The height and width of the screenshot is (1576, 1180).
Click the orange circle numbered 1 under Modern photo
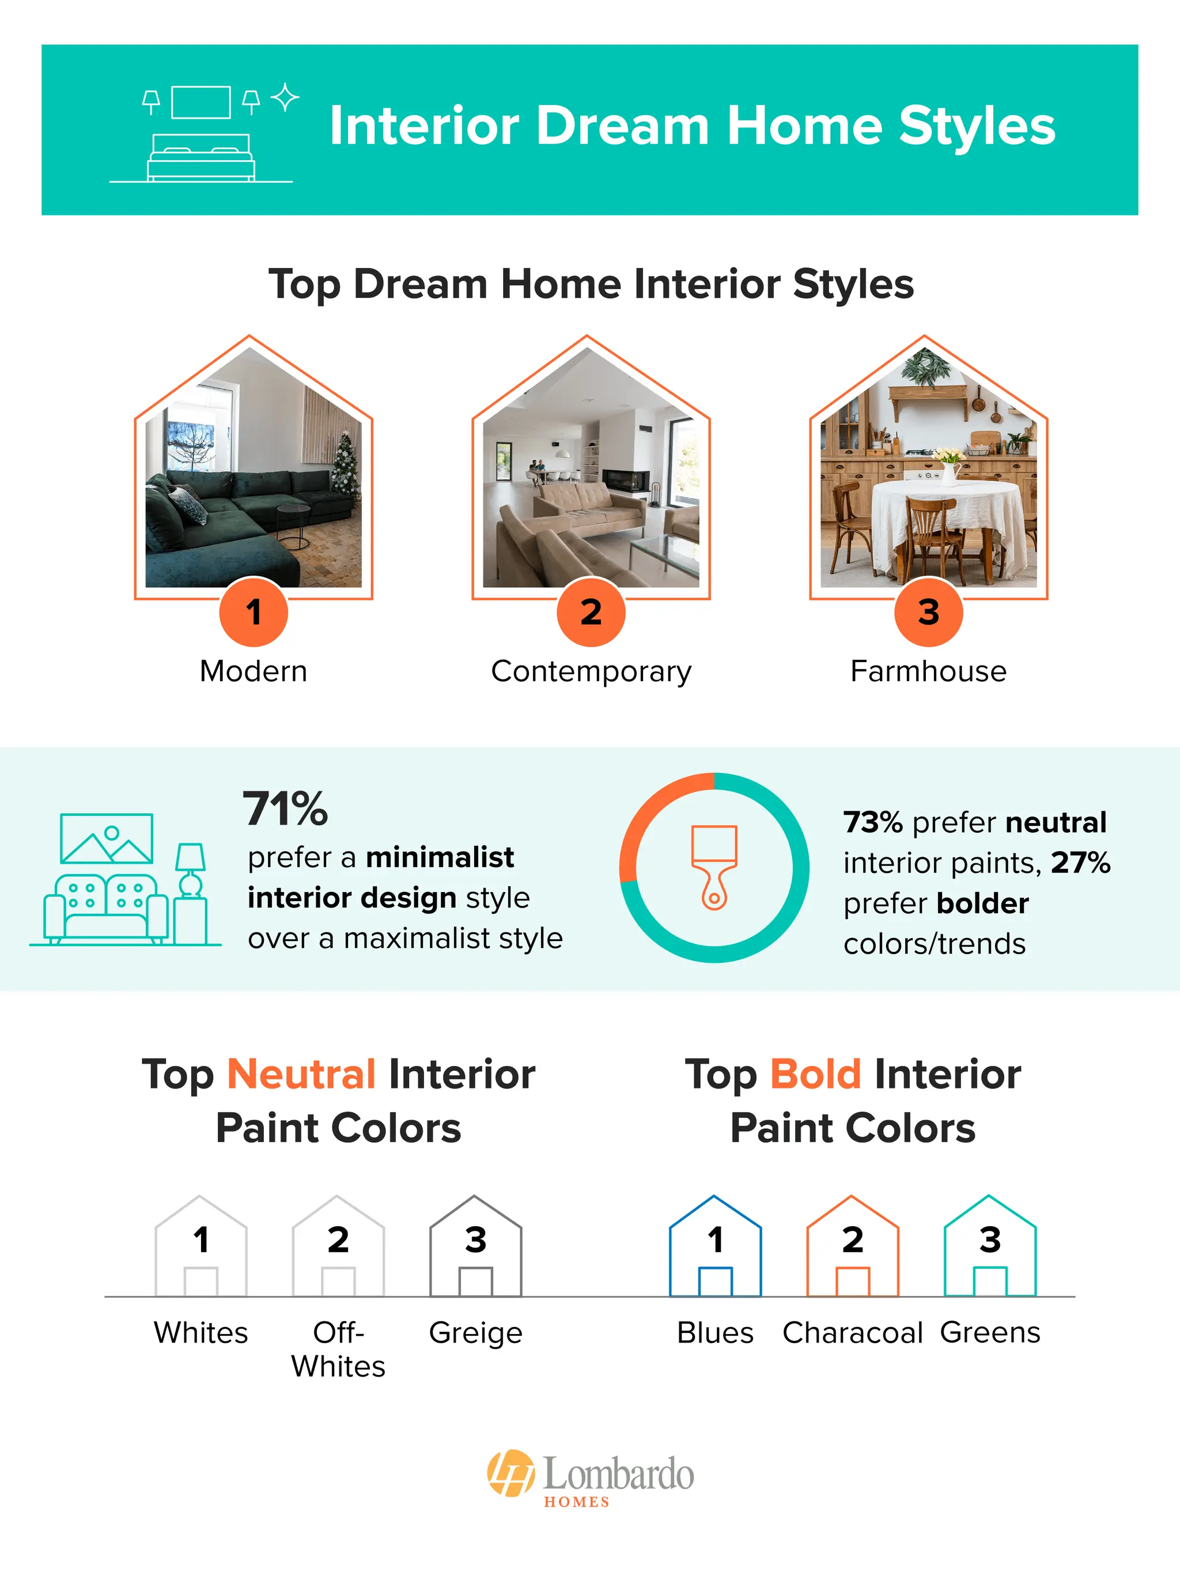(254, 612)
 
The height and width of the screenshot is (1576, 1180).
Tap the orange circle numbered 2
(591, 612)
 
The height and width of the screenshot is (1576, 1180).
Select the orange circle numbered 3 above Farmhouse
(928, 612)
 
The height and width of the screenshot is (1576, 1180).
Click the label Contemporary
(591, 672)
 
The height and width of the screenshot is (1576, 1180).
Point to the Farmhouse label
(928, 671)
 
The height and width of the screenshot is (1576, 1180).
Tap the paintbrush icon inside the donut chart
(714, 867)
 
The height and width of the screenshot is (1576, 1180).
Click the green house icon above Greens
(990, 1246)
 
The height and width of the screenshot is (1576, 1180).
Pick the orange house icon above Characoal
(852, 1246)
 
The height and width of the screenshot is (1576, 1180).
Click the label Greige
(475, 1333)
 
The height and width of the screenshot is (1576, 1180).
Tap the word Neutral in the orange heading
(301, 1074)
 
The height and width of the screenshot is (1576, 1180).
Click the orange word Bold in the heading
(816, 1074)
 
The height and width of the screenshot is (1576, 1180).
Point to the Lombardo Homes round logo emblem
(511, 1473)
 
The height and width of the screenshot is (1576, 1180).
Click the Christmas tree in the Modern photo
(346, 463)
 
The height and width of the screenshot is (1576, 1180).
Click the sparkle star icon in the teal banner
(285, 97)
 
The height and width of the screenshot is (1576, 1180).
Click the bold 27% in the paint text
(1080, 863)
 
